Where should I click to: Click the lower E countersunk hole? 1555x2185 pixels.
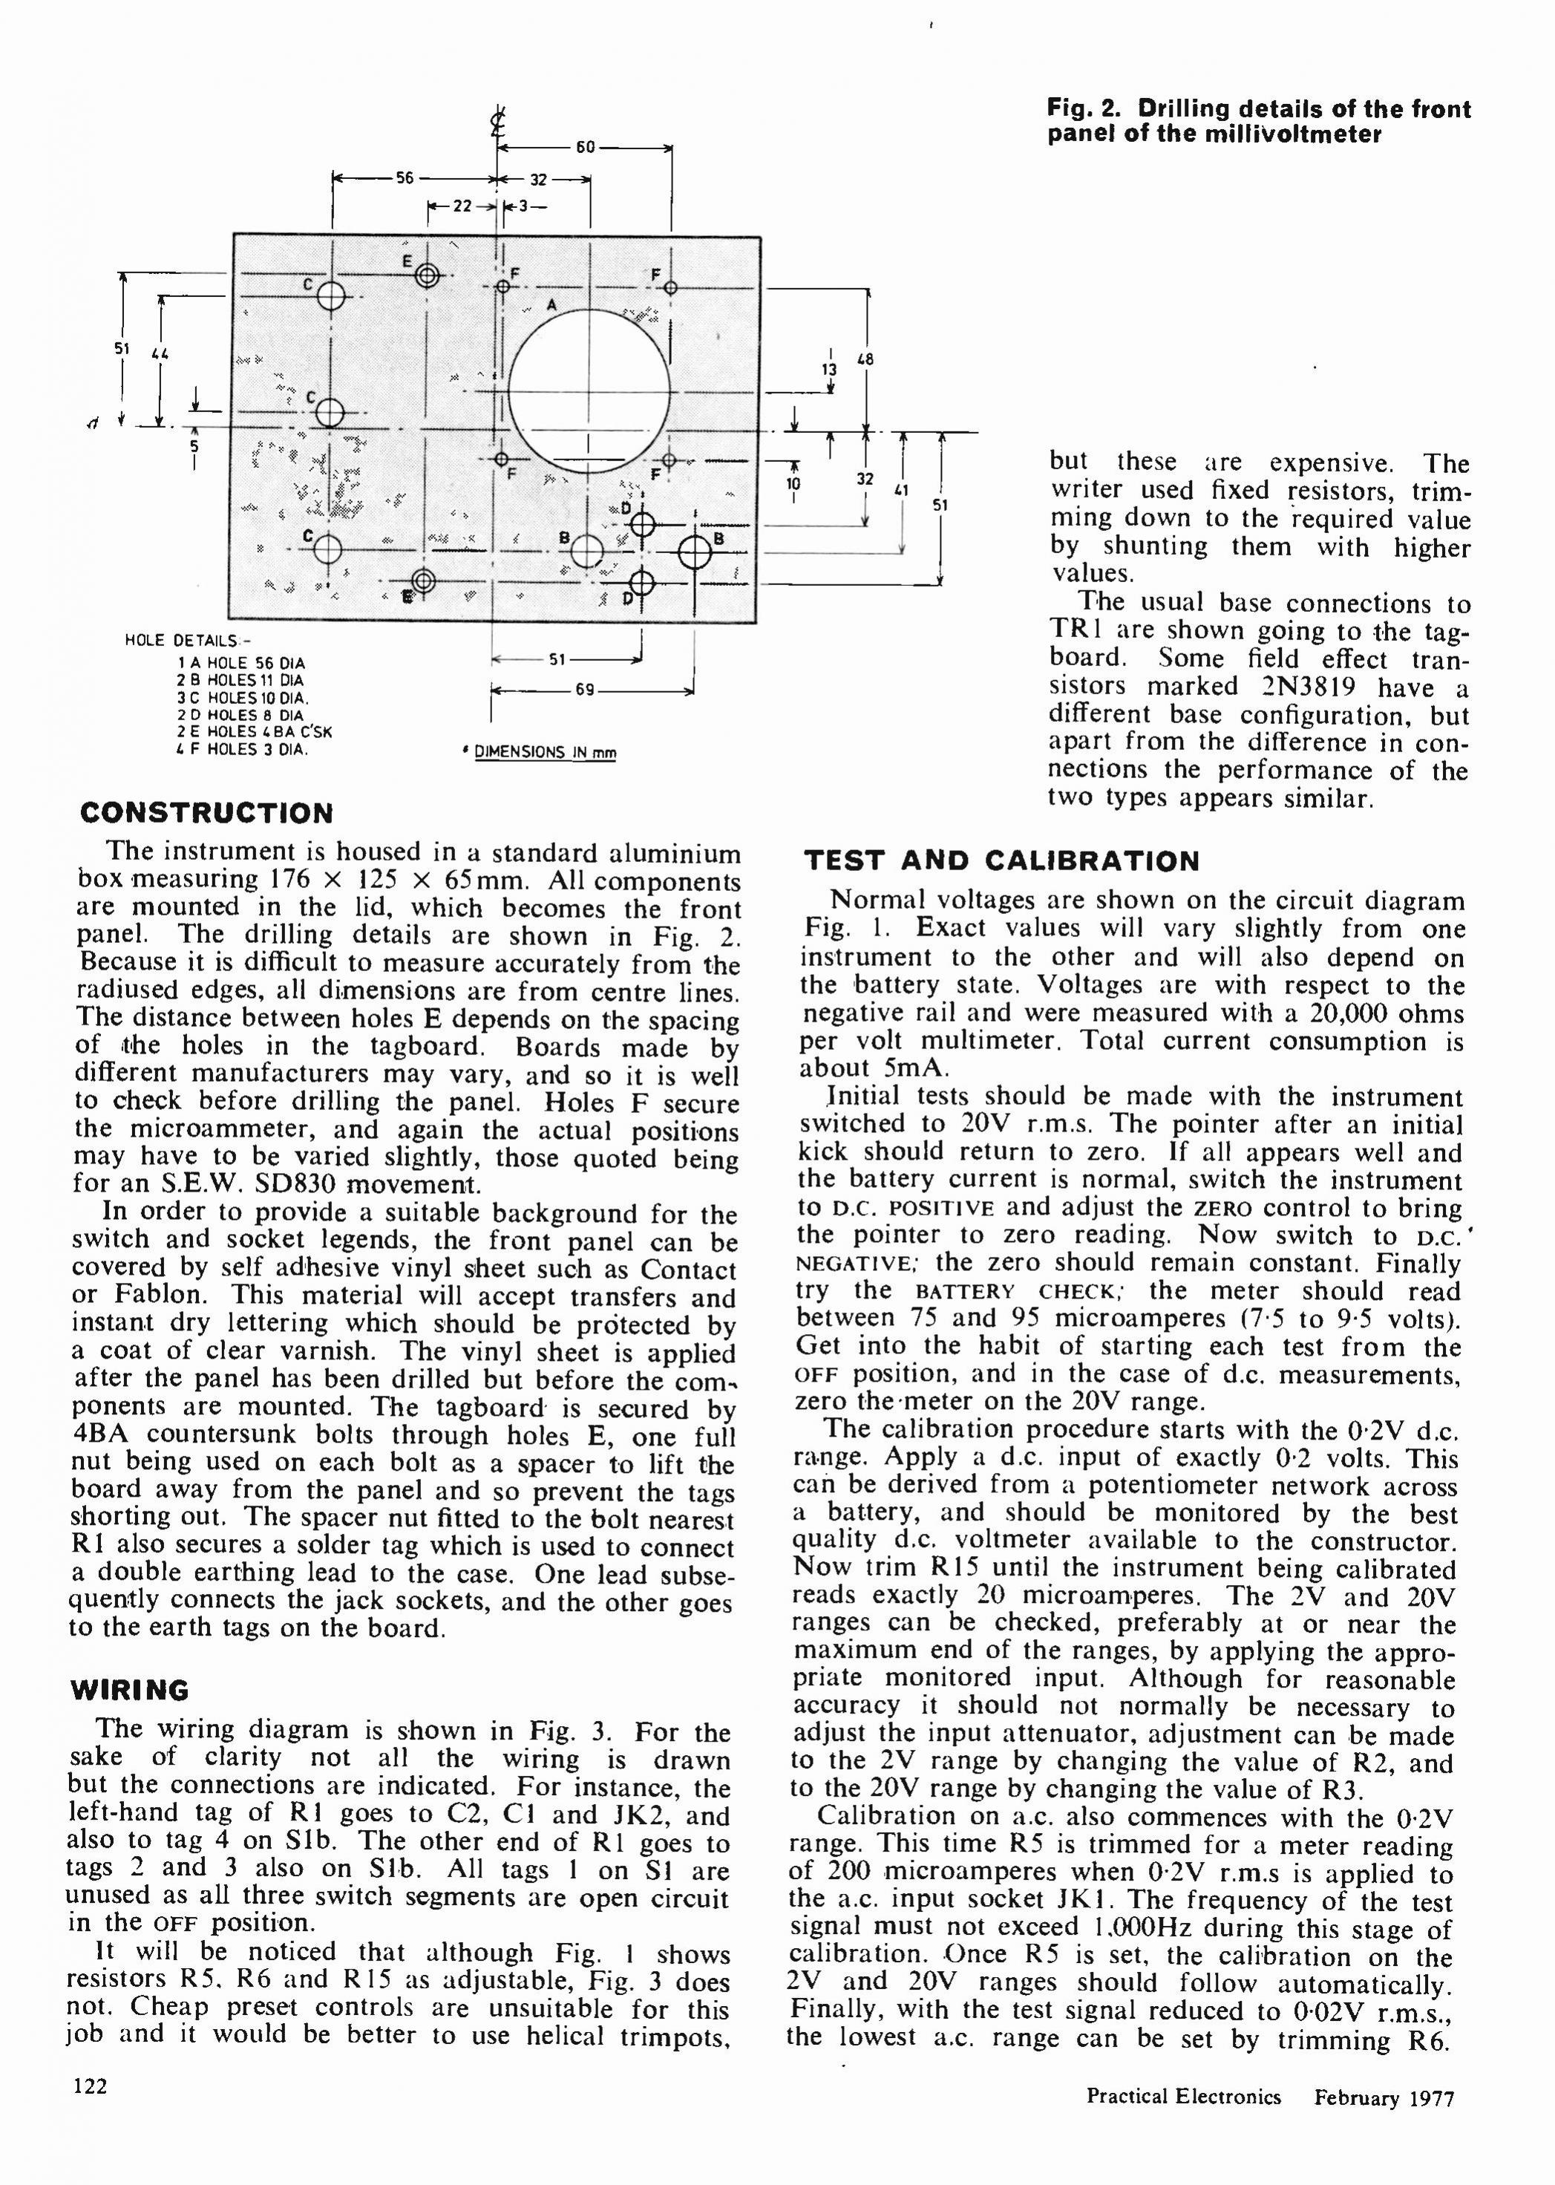pos(422,581)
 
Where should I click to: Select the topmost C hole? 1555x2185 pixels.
pos(330,297)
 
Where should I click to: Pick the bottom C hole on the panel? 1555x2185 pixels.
pos(327,549)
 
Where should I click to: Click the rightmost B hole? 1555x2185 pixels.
pos(696,552)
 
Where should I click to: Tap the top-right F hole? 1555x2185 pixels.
pos(670,287)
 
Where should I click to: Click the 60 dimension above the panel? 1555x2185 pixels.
pos(585,148)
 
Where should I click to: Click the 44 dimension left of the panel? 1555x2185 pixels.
pos(160,354)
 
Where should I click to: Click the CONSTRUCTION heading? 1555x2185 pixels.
pos(207,813)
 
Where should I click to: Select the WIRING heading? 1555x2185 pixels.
pos(129,1690)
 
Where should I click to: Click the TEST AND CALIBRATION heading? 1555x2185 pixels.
pos(1001,860)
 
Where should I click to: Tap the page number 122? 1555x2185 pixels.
pos(90,2086)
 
